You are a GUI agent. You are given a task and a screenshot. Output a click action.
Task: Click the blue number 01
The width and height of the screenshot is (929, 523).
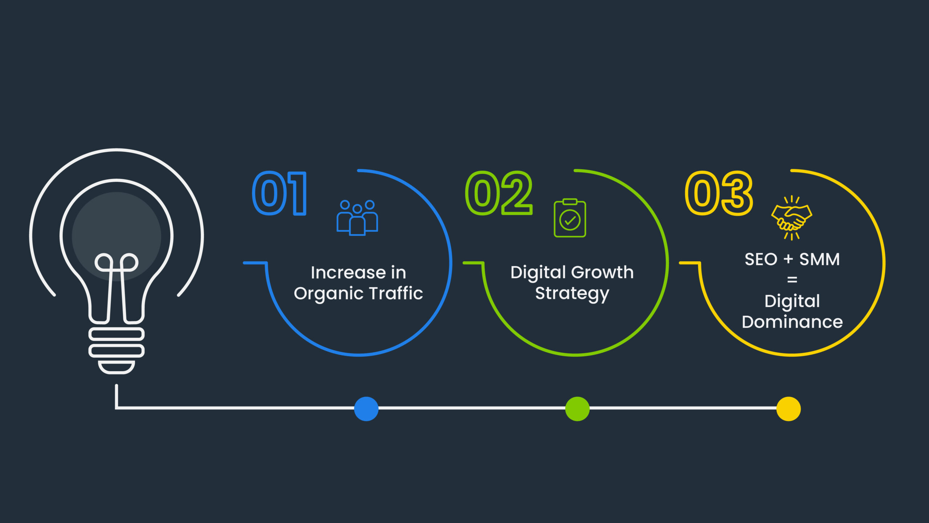pyautogui.click(x=279, y=193)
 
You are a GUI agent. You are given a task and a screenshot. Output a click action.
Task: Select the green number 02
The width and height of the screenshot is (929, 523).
pyautogui.click(x=499, y=193)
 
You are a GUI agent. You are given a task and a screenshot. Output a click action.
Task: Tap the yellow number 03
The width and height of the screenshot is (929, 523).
pyautogui.click(x=719, y=193)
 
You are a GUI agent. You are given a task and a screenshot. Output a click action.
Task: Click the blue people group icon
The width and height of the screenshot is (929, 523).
pyautogui.click(x=357, y=218)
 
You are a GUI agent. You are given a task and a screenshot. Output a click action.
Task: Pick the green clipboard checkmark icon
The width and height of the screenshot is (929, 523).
pyautogui.click(x=570, y=218)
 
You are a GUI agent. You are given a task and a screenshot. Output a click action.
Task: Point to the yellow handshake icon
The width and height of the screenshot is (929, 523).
pyautogui.click(x=791, y=218)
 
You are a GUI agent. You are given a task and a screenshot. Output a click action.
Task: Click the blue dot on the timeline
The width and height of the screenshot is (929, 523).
pyautogui.click(x=366, y=409)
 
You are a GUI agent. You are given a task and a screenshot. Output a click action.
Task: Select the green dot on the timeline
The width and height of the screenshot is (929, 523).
pyautogui.click(x=577, y=409)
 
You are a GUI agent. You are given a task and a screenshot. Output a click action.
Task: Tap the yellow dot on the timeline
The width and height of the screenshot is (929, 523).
pyautogui.click(x=789, y=409)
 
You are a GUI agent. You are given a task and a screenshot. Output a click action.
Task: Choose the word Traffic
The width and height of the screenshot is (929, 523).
pyautogui.click(x=396, y=293)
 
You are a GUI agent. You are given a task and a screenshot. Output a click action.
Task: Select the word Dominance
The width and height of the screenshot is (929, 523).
pyautogui.click(x=792, y=322)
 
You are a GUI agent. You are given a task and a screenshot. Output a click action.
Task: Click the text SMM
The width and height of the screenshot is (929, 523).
pyautogui.click(x=820, y=259)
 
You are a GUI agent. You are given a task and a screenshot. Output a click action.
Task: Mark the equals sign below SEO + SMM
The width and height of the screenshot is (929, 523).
pyautogui.click(x=792, y=280)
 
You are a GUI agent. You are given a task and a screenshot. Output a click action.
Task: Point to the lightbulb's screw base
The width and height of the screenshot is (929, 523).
pyautogui.click(x=116, y=350)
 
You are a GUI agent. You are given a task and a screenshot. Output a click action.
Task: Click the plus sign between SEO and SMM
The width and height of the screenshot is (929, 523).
pyautogui.click(x=788, y=259)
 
